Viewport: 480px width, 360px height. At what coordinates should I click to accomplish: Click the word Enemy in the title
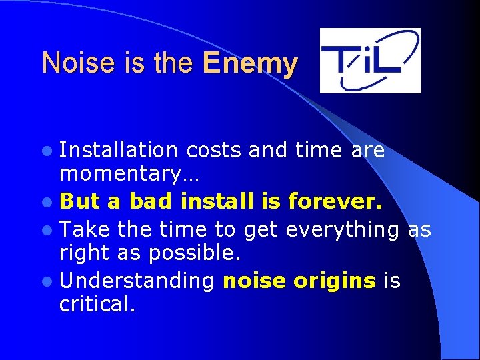[250, 63]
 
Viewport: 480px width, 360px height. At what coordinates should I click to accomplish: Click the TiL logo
[370, 61]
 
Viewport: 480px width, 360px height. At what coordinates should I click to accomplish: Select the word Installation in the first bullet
[119, 151]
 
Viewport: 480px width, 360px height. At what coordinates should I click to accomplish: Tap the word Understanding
[137, 281]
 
